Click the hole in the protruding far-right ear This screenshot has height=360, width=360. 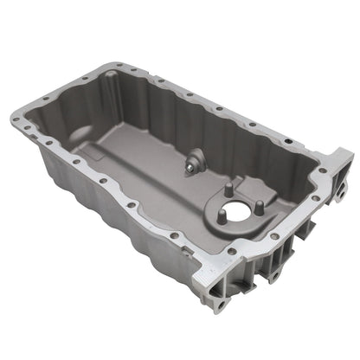coord(340,161)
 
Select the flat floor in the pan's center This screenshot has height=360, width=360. coord(156,173)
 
